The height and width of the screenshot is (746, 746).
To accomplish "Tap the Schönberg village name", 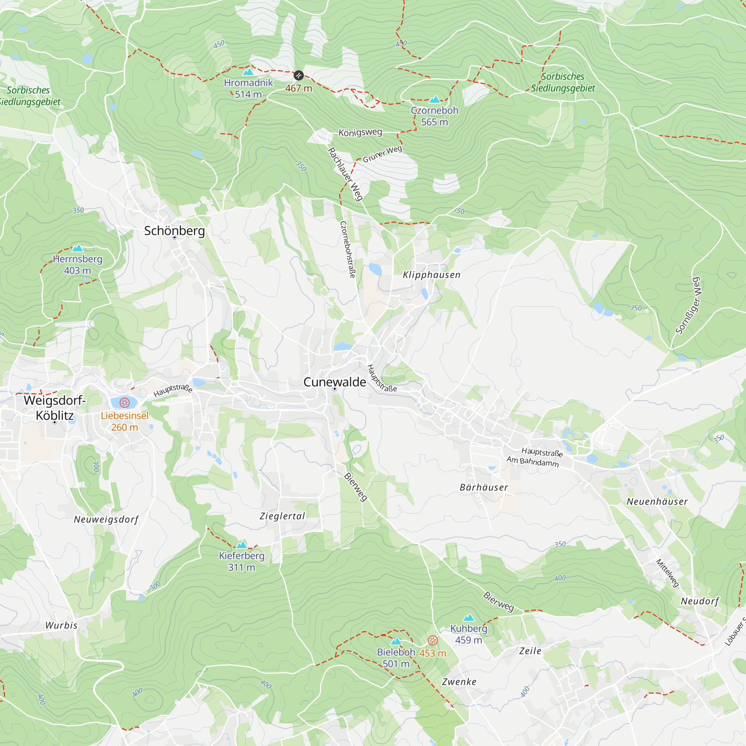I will (x=174, y=231).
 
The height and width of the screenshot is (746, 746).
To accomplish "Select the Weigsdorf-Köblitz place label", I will (x=54, y=408).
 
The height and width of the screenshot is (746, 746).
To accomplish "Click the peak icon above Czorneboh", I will (x=435, y=100).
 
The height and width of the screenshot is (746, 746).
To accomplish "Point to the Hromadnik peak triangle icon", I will (x=248, y=72).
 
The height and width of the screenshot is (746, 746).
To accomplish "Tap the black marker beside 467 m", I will (x=298, y=75).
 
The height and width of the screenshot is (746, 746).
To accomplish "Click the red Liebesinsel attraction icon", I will (x=124, y=403).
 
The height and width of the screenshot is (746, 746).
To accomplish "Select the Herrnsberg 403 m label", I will (x=77, y=264).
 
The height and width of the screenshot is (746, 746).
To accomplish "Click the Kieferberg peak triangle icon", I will (x=241, y=545).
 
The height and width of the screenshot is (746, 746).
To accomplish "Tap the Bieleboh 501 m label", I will (x=396, y=658).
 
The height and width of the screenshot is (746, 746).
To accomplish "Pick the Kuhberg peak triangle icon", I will (x=468, y=618).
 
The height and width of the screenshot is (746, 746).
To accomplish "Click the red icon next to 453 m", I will (x=432, y=640).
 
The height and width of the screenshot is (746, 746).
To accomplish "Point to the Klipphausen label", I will (x=431, y=275).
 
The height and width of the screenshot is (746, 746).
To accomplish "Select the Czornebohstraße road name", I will (x=347, y=250).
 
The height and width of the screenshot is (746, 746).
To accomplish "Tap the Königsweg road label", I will (x=360, y=132).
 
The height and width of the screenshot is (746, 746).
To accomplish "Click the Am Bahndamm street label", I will (x=533, y=461).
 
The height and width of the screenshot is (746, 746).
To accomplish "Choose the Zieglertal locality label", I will (x=282, y=516).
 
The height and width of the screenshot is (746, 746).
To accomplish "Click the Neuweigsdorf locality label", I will (x=106, y=519).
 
